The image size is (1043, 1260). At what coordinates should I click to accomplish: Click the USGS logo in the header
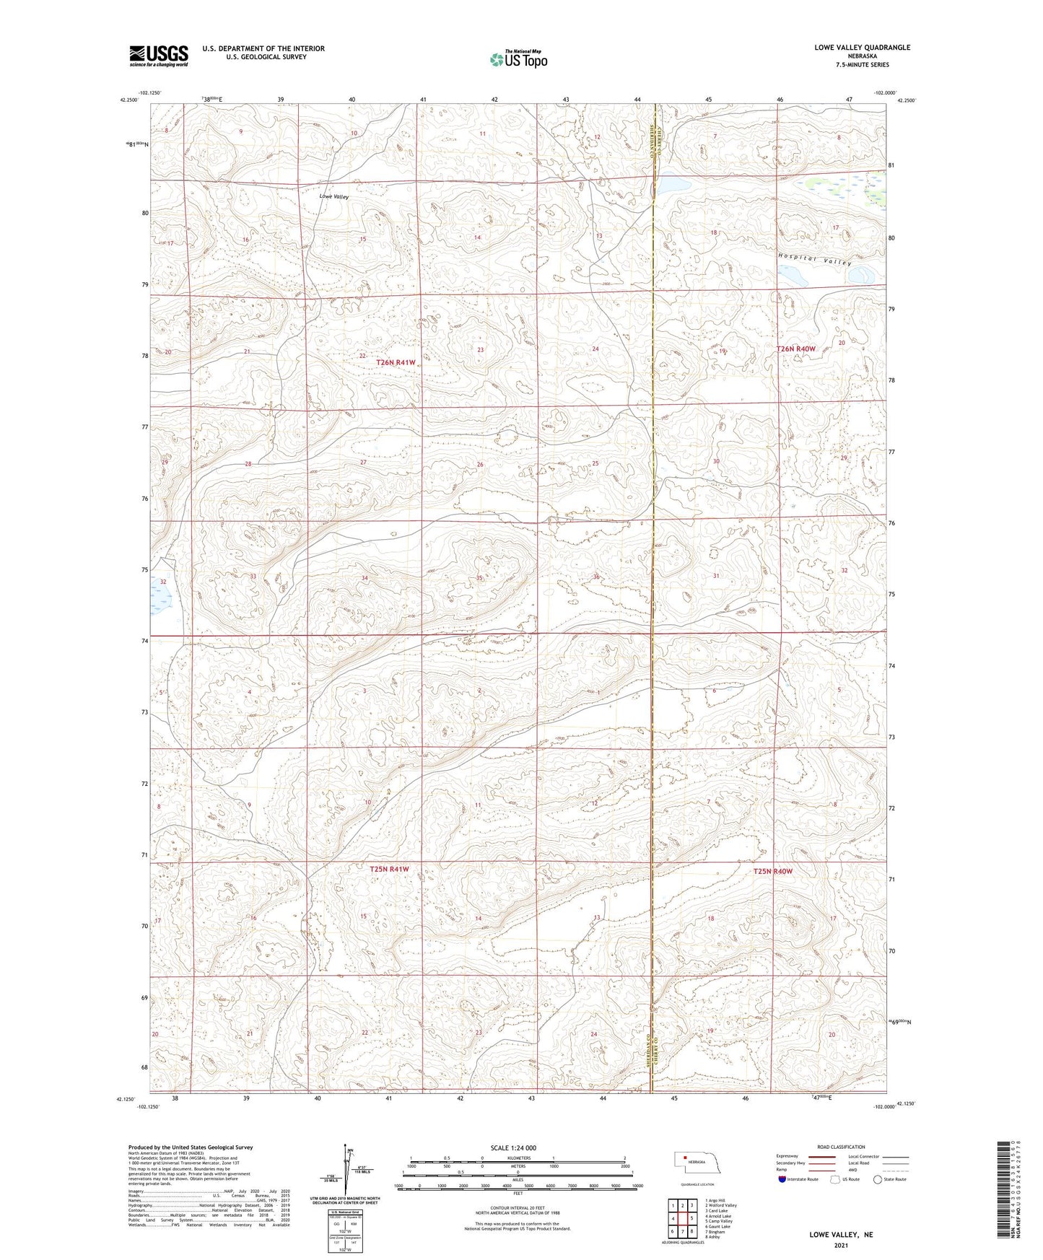[x=159, y=56]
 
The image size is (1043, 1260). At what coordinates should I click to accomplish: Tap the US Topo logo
[x=518, y=59]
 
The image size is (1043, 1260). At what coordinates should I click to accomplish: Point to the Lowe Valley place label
[x=334, y=196]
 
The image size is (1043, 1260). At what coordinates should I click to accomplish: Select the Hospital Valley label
[x=815, y=260]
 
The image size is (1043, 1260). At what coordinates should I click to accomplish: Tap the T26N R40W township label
[x=795, y=349]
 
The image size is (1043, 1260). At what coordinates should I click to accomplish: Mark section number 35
[x=479, y=578]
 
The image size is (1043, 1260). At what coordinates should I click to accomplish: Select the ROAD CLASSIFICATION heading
[x=842, y=1147]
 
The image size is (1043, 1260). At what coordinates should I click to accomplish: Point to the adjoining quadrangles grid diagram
[x=681, y=1216]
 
